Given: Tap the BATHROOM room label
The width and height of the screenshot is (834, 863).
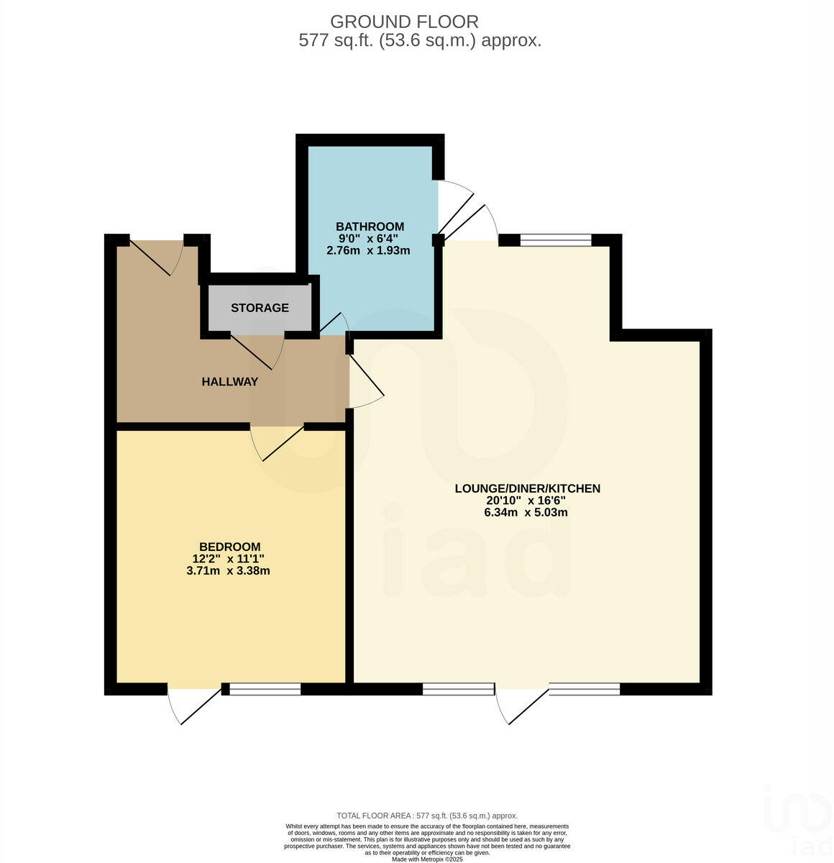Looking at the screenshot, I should click(x=370, y=226).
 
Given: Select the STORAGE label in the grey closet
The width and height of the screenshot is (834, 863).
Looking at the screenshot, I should click(x=260, y=308).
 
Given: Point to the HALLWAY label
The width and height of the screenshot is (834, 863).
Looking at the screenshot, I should click(x=229, y=382).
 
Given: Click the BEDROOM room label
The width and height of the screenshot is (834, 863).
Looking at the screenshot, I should click(x=229, y=547).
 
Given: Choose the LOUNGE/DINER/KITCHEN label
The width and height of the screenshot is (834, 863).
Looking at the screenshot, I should click(x=527, y=488).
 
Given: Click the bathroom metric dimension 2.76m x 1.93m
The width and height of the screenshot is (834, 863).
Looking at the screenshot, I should click(x=368, y=250).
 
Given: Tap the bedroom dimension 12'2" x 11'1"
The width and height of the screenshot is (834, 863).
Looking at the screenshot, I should click(x=229, y=559).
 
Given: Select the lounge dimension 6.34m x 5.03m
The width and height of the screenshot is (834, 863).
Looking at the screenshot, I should click(x=526, y=513).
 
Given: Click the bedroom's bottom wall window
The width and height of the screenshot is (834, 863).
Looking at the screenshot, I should click(x=265, y=690).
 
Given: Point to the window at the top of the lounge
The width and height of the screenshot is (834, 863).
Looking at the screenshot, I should click(x=555, y=240).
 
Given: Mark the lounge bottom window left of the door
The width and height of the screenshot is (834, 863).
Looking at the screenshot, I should click(x=459, y=690).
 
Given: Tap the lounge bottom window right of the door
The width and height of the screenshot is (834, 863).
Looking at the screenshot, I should click(x=585, y=690).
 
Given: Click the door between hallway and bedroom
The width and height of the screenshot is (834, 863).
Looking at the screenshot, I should click(x=279, y=440).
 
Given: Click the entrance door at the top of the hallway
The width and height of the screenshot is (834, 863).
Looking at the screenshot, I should click(x=155, y=255).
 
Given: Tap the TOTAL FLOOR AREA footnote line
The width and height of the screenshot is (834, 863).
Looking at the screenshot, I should click(x=427, y=816).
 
